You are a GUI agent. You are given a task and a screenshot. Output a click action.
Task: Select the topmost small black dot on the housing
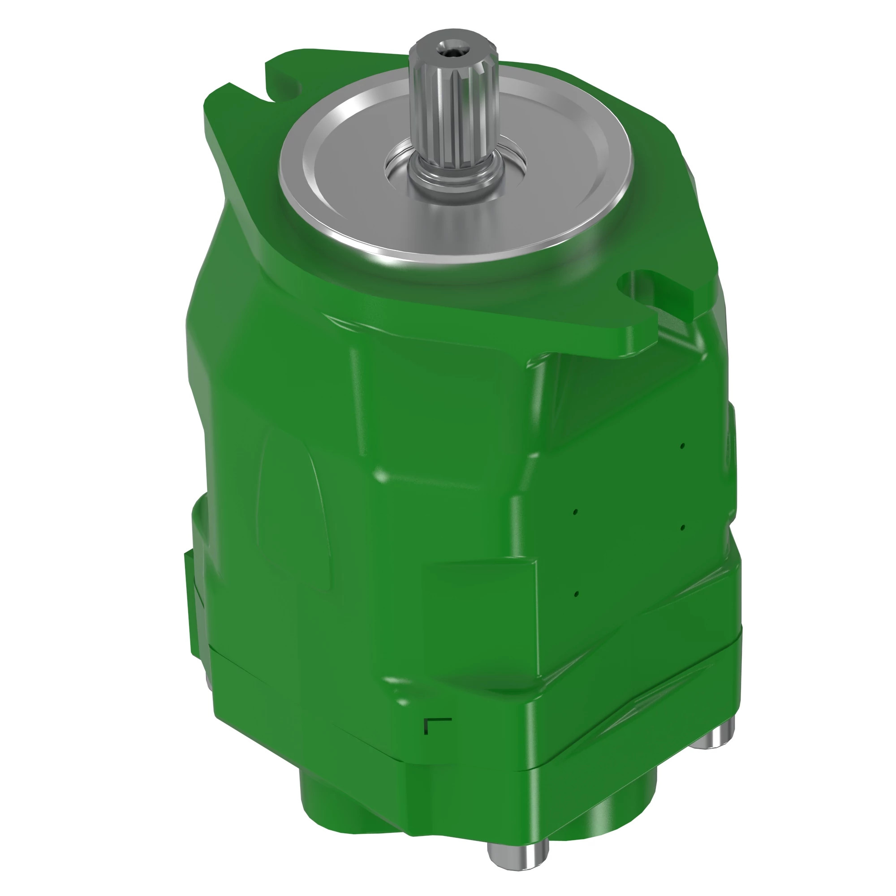[x=682, y=446]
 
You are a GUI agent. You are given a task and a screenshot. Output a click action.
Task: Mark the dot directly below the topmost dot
[x=682, y=528]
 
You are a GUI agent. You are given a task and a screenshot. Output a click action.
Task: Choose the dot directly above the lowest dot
[x=575, y=512]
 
